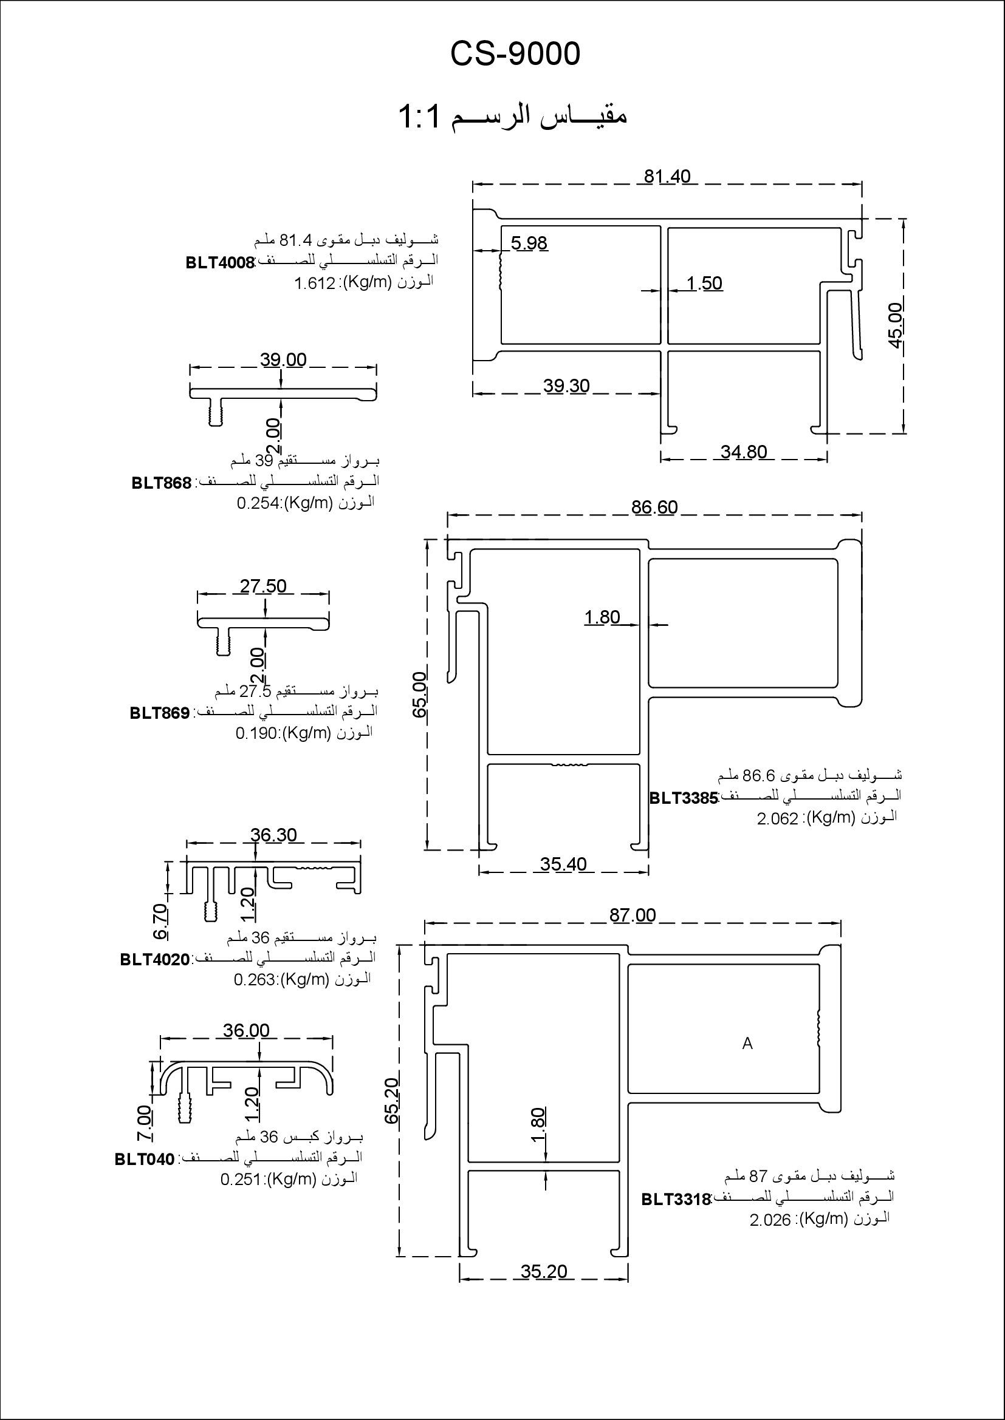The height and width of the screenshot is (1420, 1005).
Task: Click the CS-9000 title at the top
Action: tap(515, 55)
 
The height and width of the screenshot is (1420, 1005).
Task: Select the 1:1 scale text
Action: tap(420, 117)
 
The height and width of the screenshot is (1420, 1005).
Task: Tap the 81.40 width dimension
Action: tap(667, 177)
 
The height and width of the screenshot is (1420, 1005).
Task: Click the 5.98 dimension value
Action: tap(529, 243)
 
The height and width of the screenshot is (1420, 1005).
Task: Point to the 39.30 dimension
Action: tap(566, 386)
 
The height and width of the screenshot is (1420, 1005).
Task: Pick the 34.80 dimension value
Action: tap(744, 452)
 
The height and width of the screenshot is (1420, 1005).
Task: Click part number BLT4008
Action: tap(221, 263)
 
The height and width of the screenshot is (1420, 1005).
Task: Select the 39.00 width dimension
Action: tap(283, 360)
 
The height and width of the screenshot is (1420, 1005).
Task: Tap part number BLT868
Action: tap(162, 483)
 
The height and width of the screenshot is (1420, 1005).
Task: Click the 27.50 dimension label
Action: tap(263, 586)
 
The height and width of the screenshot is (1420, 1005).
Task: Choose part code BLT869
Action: tap(160, 713)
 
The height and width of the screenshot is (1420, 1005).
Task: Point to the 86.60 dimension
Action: tap(655, 507)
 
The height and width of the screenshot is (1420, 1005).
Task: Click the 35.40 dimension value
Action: tap(563, 864)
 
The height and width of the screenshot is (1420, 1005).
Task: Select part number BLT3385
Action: tap(683, 798)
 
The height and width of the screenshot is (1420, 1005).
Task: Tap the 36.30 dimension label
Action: tap(273, 835)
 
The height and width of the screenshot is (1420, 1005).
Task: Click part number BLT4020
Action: tap(155, 960)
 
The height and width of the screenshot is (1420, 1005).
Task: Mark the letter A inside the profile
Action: tap(747, 1044)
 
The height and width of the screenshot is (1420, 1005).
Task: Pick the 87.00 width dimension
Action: tap(633, 915)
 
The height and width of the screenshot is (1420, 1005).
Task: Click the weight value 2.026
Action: tap(770, 1220)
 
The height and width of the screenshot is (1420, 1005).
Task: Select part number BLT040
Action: tap(145, 1159)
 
